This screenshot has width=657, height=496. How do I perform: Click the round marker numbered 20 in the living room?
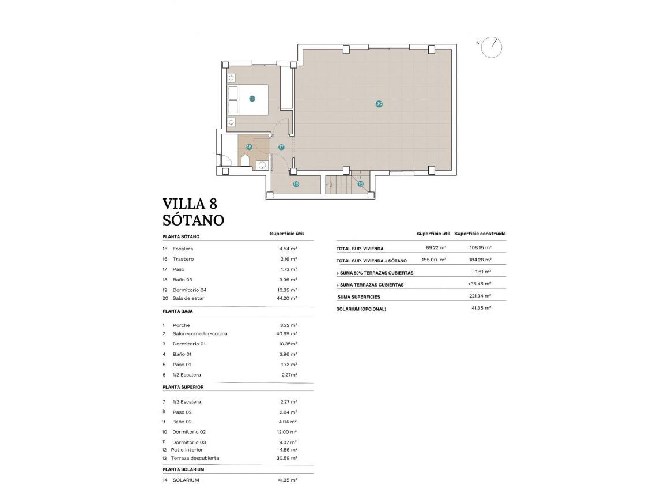click(379, 104)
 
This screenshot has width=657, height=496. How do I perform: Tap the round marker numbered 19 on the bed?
click(252, 99)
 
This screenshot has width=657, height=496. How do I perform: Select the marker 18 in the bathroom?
click(249, 147)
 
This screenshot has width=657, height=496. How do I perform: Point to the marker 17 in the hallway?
click(281, 147)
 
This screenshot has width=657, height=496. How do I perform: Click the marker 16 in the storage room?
click(296, 185)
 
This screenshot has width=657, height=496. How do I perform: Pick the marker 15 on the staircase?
click(360, 184)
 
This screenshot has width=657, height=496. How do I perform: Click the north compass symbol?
click(492, 47)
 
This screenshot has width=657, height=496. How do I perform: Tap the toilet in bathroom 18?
click(245, 160)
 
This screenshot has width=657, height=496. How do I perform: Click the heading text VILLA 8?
click(190, 204)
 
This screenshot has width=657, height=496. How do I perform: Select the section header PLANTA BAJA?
click(178, 311)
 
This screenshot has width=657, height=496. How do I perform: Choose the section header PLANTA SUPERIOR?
click(183, 387)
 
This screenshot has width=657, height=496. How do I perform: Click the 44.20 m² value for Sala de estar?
click(286, 298)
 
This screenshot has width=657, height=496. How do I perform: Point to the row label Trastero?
click(183, 259)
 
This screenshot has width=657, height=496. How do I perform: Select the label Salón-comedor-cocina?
click(200, 333)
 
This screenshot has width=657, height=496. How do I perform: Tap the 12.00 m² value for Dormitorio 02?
click(286, 431)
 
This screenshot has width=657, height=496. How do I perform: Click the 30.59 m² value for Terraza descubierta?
click(286, 458)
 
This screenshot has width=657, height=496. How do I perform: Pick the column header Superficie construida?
click(480, 234)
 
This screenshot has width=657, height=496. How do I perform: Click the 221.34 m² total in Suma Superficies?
click(479, 296)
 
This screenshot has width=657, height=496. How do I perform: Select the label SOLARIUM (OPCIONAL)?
click(361, 309)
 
